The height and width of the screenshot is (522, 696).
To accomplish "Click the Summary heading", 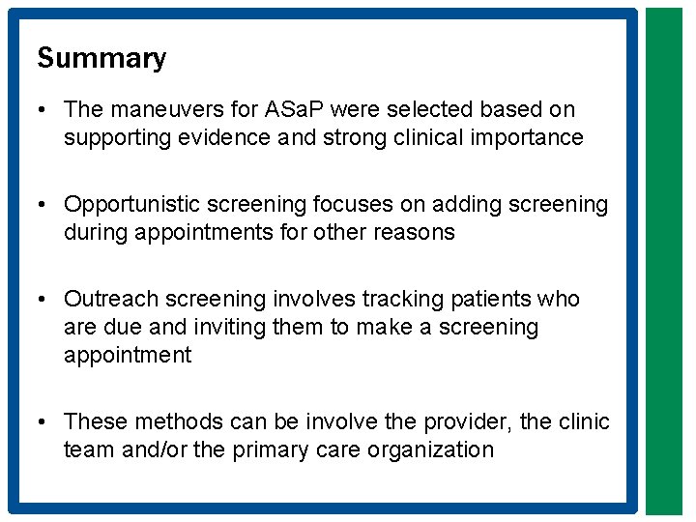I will click(x=101, y=58).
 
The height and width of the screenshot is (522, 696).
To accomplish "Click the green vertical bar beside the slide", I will click(x=663, y=261).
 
